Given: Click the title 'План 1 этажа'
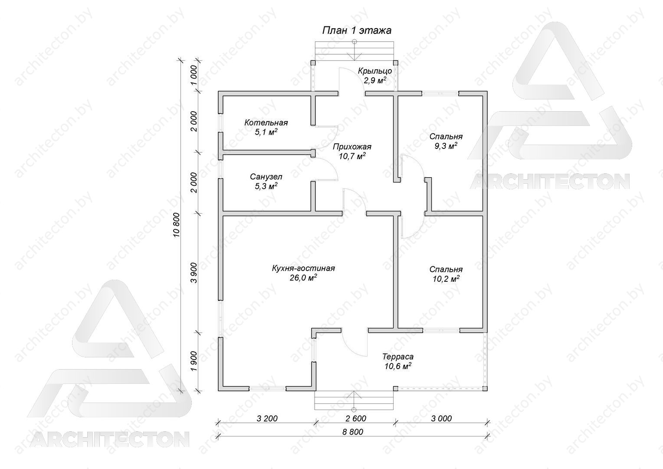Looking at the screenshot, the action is coord(357,30).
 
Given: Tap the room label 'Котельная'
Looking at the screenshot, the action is coord(266,122).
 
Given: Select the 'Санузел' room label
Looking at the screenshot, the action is coord(266,177).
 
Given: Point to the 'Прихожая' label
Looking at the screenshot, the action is coord(352,147).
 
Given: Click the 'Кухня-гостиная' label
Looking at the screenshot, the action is coord(303,268).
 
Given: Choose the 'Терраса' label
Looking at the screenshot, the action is coord(398,357).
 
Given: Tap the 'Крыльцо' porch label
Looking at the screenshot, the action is coord(375,71).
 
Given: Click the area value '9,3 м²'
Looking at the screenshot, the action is coord(446,146).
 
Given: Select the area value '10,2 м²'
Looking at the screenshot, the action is coord(446,279).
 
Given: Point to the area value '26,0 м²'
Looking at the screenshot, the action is coord(303,278).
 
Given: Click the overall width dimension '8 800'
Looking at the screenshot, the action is coord(353,432).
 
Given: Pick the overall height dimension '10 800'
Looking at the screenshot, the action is coord(177,225).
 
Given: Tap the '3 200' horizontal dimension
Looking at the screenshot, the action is coord(267,419).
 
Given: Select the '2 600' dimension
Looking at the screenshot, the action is coord(356,419).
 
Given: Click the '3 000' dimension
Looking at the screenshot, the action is coord(441,419).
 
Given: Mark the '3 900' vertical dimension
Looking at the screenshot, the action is coord(194,273).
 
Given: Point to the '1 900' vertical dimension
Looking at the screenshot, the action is coord(194,361).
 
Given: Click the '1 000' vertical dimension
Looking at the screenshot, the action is coord(194,75).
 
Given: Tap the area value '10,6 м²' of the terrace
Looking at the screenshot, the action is coord(398,366).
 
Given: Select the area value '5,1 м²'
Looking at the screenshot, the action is coord(266,132).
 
